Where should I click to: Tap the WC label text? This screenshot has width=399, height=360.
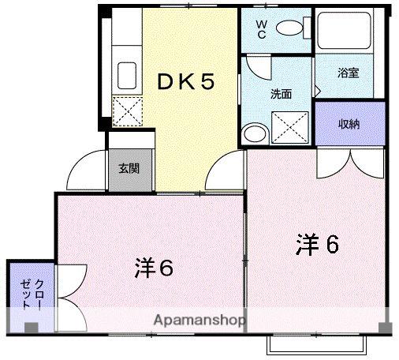coord(261,29)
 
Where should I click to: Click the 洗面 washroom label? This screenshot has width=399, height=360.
coord(281,93)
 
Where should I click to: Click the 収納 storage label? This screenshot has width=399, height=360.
coord(349,123)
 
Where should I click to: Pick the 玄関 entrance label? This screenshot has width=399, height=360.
coord(131,168)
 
